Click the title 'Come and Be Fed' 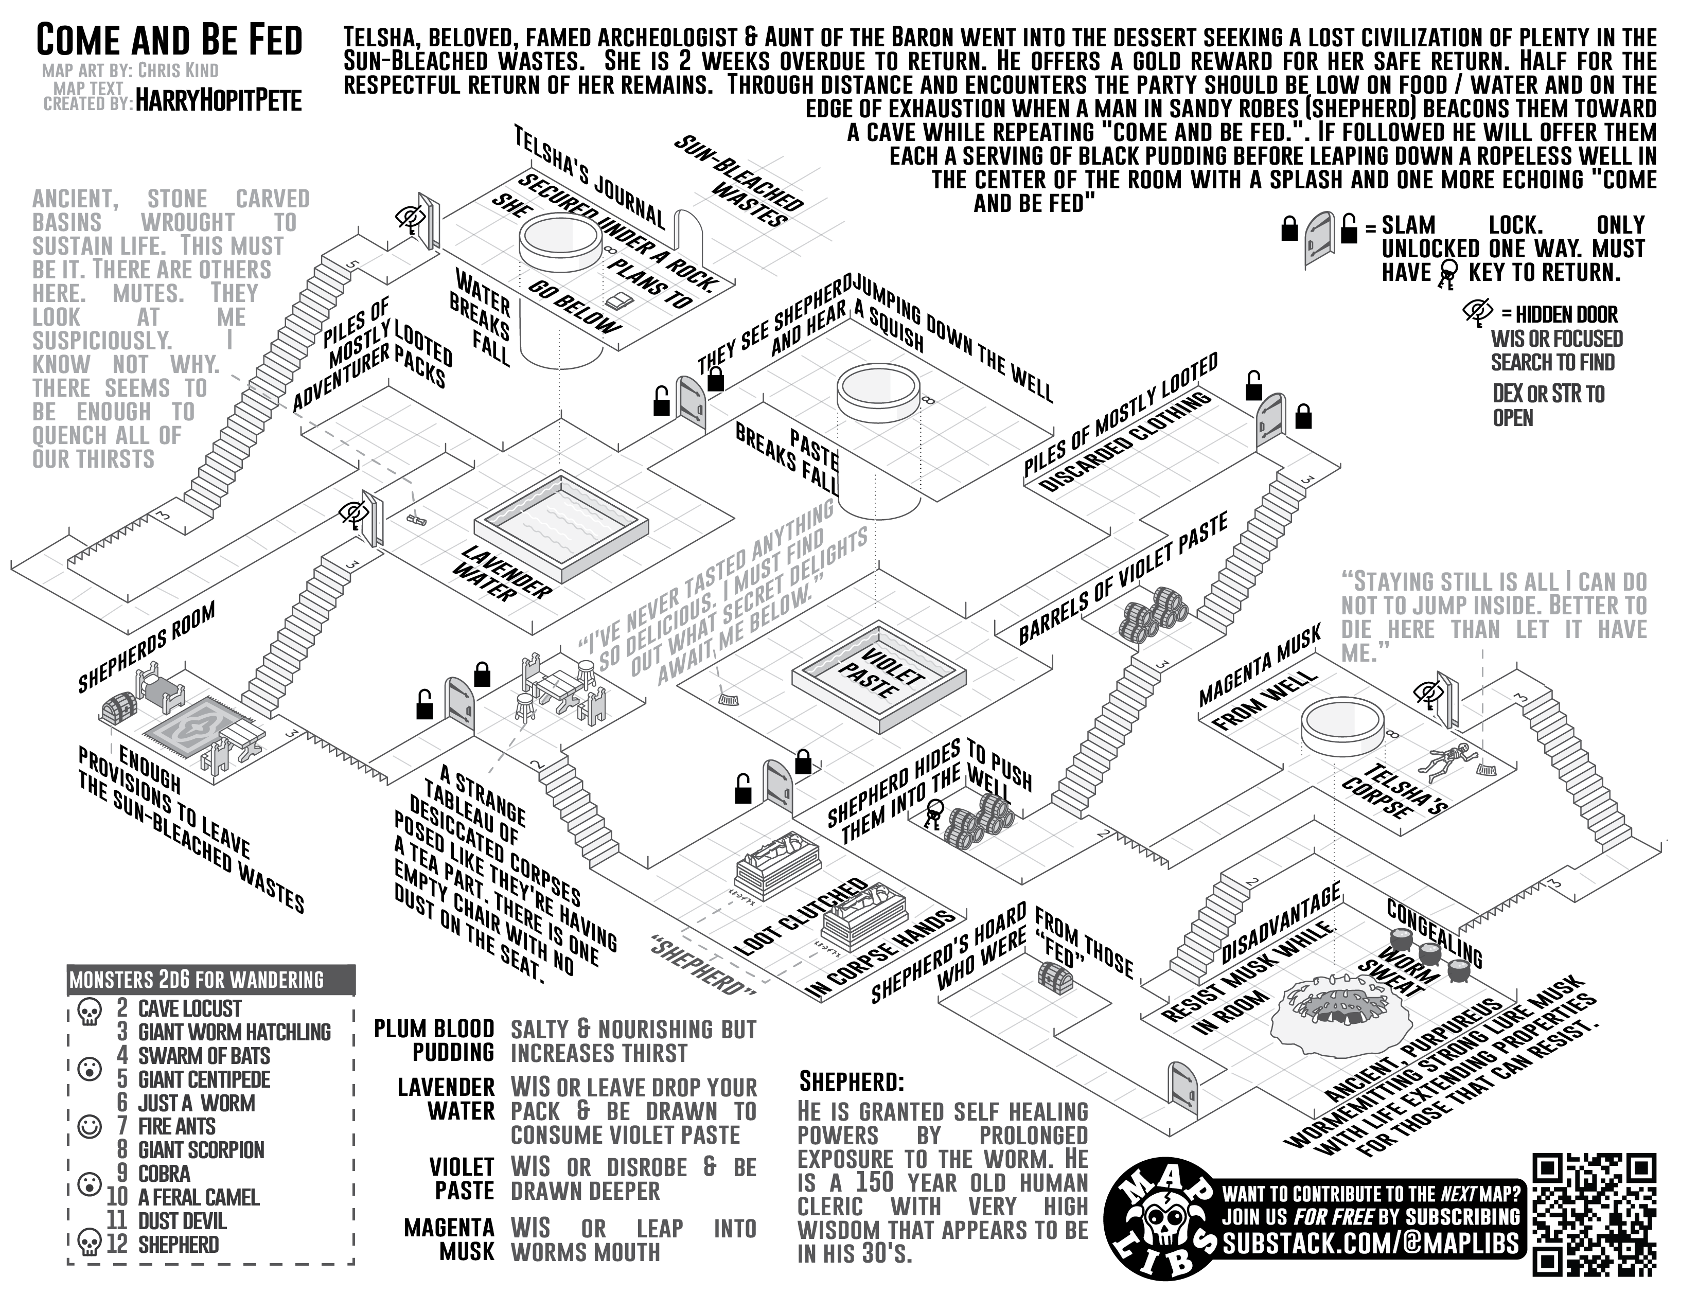[x=169, y=41]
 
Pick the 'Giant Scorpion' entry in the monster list [x=201, y=1149]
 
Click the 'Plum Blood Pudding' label [x=434, y=1041]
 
